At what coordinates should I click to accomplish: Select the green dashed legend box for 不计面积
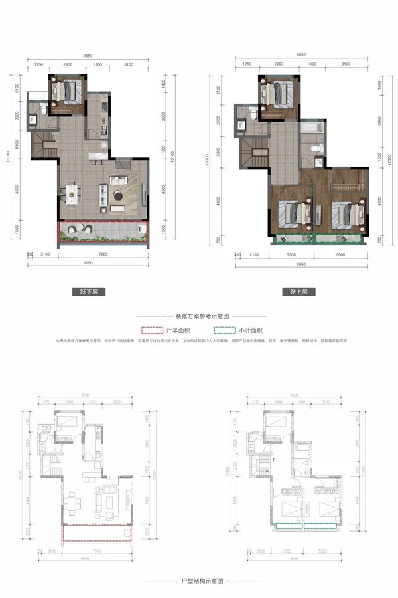click(x=224, y=330)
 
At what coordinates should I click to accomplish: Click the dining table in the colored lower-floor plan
click(x=71, y=193)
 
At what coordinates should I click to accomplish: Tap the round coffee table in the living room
click(x=117, y=195)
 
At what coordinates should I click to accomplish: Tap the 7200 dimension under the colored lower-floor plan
click(x=103, y=254)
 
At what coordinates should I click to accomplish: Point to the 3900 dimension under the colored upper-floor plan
click(x=341, y=254)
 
